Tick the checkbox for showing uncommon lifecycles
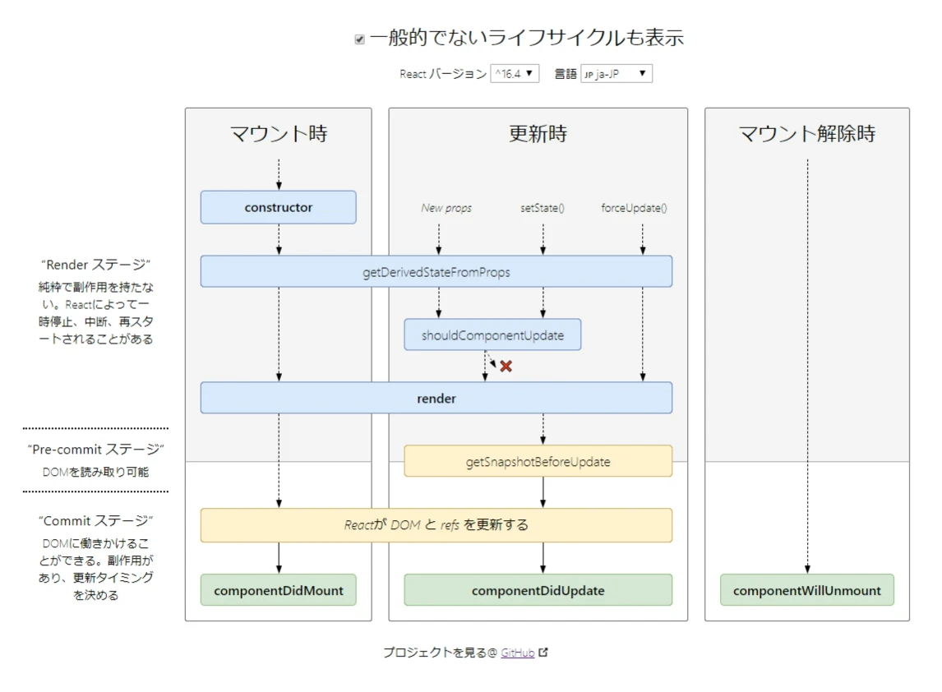[x=359, y=39]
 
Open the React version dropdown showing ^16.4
[x=515, y=74]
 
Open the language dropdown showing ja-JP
[x=616, y=74]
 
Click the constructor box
[x=278, y=207]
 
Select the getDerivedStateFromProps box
[x=436, y=271]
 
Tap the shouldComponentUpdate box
[x=492, y=335]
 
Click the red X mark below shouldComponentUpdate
[x=506, y=367]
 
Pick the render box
[x=436, y=398]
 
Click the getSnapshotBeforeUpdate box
[x=538, y=461]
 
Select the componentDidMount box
[x=278, y=590]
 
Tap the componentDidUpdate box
[x=538, y=590]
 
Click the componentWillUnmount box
[x=806, y=590]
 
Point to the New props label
[x=446, y=208]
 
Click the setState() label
[x=543, y=208]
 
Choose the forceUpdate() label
[x=634, y=208]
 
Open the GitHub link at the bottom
[x=518, y=653]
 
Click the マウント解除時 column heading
[x=806, y=134]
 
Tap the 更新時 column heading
[x=538, y=134]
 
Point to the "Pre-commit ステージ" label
[x=96, y=450]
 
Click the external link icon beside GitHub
[x=543, y=653]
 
